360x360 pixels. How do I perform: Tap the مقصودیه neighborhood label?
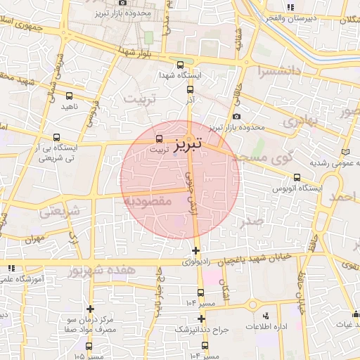(x=148, y=201)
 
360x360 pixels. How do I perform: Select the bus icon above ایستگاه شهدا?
(x=179, y=63)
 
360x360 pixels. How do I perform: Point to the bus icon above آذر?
(x=189, y=89)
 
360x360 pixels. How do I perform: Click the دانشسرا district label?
(x=279, y=71)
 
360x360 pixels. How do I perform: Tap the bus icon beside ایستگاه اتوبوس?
(x=297, y=177)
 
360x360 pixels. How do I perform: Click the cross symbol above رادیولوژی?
(x=195, y=250)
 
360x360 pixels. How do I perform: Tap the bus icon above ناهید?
(x=69, y=95)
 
